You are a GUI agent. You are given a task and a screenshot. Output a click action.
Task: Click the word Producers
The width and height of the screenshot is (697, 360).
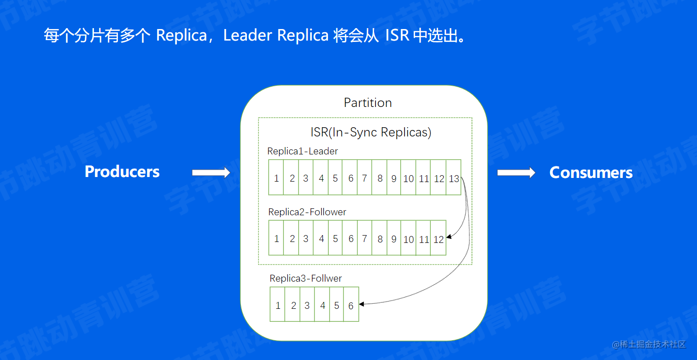[x=122, y=171]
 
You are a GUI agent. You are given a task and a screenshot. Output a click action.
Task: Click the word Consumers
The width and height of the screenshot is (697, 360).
[x=591, y=172]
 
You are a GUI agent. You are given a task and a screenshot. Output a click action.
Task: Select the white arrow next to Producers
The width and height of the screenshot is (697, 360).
[x=211, y=173]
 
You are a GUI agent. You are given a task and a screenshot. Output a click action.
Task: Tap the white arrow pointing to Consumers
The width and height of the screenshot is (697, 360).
[x=516, y=173]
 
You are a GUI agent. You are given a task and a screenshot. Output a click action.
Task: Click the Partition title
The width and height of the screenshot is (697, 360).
[x=368, y=102]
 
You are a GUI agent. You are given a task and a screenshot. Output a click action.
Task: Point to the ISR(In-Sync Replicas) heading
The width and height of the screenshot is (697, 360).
[x=371, y=132]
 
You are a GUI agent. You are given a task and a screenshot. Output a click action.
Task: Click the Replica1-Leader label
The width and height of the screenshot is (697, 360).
[x=302, y=151]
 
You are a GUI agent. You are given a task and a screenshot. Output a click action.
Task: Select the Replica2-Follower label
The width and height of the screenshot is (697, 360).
[x=307, y=212]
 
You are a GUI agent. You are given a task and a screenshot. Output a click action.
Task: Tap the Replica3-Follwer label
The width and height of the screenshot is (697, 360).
[x=305, y=278]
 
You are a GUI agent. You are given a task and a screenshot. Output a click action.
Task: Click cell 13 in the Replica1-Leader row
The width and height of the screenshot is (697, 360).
[x=454, y=178]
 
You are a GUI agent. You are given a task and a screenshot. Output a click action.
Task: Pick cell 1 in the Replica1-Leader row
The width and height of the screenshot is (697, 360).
[x=276, y=178]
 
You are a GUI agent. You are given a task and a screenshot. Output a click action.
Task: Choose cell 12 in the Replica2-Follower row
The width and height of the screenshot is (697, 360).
[x=439, y=239]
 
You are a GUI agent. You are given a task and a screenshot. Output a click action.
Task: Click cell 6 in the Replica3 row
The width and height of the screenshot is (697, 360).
[x=351, y=306]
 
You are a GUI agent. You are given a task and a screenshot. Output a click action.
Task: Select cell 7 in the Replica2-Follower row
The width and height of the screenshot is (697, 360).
[x=364, y=239]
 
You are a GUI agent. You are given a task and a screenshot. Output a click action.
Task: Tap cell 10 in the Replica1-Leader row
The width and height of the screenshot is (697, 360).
[x=409, y=178]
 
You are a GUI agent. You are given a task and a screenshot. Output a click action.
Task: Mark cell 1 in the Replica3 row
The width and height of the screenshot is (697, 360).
[x=278, y=306]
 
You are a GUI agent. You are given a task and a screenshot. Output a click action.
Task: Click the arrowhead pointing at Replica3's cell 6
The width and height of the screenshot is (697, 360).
[x=362, y=304]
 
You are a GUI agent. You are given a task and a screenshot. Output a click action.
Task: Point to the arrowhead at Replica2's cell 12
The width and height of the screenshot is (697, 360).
[x=449, y=237]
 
